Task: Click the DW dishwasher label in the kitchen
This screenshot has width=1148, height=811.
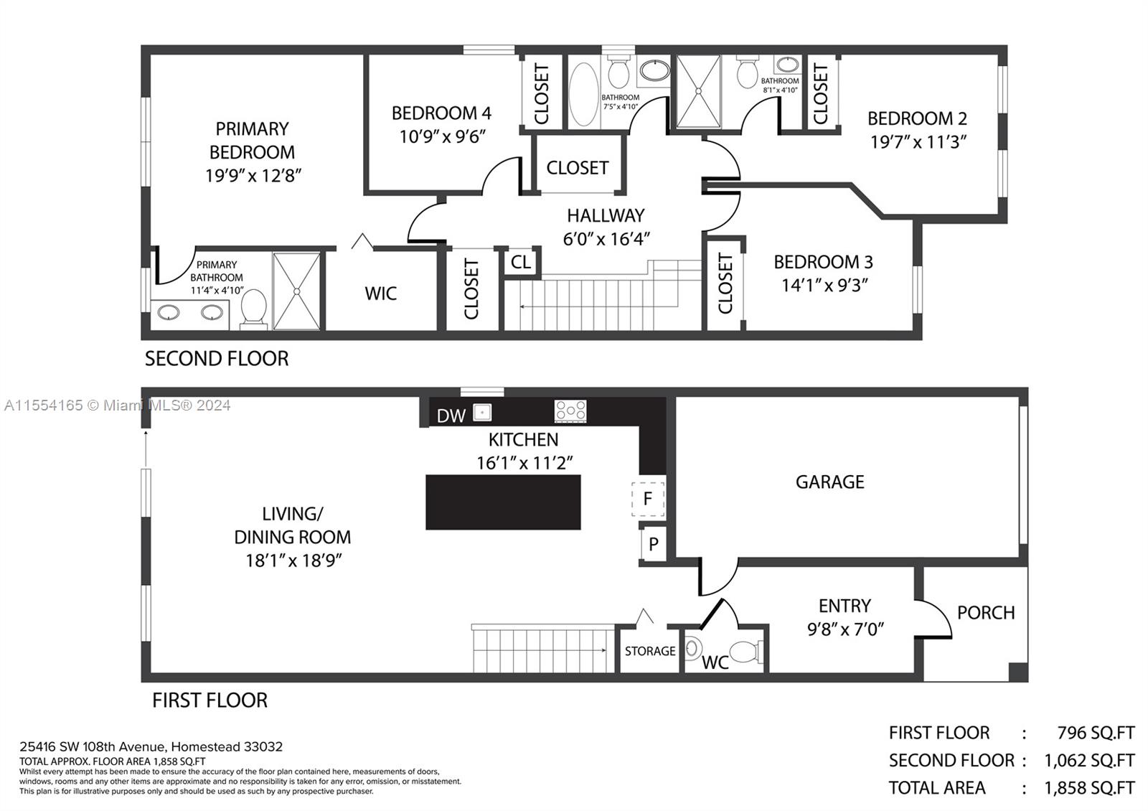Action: tap(451, 416)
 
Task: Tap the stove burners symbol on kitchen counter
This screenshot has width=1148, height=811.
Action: tap(570, 411)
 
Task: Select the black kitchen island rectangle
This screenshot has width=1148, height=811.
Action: tap(503, 502)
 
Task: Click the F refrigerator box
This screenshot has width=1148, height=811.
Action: tap(648, 498)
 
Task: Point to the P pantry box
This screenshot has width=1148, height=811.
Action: tap(653, 544)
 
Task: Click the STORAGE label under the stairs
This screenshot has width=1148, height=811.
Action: tap(649, 651)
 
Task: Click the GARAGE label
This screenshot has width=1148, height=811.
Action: tap(829, 482)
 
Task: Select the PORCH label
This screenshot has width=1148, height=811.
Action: tap(986, 613)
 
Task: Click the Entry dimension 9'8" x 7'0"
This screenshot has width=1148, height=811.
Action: tap(845, 629)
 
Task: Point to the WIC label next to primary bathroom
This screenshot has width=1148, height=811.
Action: tap(380, 294)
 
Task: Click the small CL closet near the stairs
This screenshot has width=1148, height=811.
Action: tap(521, 262)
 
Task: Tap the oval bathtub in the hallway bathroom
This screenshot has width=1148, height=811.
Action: tap(583, 95)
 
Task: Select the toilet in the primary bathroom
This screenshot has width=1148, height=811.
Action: tap(253, 309)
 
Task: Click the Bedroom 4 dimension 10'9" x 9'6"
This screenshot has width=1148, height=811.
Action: tap(443, 136)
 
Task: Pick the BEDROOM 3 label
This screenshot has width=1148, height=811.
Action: tap(823, 262)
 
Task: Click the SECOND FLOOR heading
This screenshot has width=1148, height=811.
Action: tap(217, 358)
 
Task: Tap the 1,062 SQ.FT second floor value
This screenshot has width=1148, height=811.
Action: tap(1088, 760)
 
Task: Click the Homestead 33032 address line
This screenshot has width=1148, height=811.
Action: tap(151, 746)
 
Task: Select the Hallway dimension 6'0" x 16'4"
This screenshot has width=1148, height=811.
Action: tap(606, 239)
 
